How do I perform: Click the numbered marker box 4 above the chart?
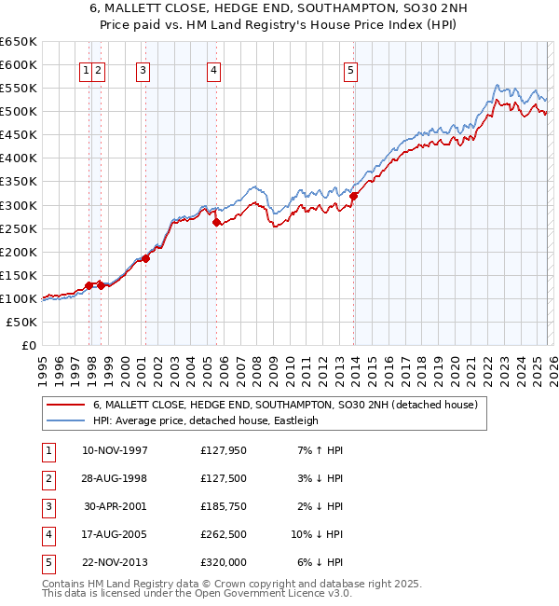point(213,70)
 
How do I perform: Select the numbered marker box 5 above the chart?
point(350,70)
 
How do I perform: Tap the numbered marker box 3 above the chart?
point(143,70)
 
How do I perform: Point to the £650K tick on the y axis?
point(19,42)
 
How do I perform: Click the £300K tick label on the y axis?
point(19,205)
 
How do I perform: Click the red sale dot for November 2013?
point(354,196)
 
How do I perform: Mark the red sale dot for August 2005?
point(216,223)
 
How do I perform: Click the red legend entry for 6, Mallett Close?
point(284,405)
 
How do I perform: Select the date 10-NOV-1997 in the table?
point(115,450)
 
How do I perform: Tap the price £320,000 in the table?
point(223,562)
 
